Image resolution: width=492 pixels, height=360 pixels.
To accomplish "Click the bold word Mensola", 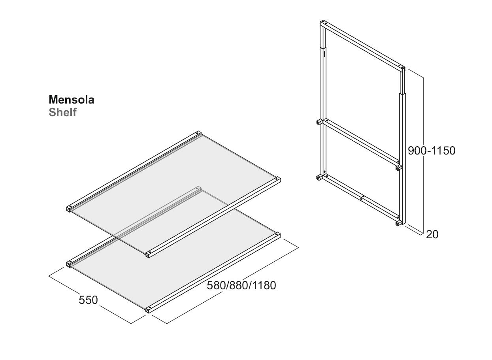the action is [x=72, y=100].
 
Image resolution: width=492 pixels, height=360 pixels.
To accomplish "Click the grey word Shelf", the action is [x=62, y=112].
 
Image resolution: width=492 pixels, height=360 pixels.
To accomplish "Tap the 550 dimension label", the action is [x=88, y=300].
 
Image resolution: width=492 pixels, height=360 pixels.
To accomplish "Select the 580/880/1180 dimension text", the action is [x=241, y=286].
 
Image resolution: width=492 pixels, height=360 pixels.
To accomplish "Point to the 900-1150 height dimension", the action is [x=432, y=151].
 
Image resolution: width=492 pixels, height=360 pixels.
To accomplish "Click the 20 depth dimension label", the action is [x=432, y=235].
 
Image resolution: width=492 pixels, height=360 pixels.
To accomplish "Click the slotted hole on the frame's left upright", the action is [x=324, y=54].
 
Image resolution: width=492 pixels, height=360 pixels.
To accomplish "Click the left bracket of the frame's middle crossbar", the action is [x=319, y=122].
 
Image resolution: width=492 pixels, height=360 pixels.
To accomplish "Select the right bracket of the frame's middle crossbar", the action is [x=398, y=168].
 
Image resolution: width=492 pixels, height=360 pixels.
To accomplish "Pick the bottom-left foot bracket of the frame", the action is [x=319, y=177].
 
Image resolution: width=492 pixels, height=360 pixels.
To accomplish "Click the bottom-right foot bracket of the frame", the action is [x=398, y=223].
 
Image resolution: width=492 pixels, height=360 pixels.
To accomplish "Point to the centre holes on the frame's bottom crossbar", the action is [x=362, y=198].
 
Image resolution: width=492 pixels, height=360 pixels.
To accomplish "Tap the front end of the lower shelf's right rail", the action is [x=149, y=309].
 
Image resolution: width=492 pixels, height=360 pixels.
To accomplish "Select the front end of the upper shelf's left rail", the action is [x=70, y=208].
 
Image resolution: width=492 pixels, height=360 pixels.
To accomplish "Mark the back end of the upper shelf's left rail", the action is [x=198, y=133].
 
